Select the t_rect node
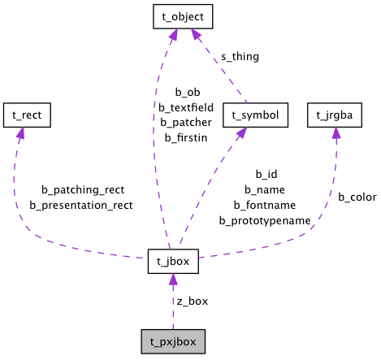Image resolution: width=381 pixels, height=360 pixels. click(27, 115)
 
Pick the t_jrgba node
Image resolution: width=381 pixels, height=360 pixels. click(334, 115)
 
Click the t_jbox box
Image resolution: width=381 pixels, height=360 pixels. click(173, 262)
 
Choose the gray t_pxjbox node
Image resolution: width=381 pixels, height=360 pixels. click(173, 340)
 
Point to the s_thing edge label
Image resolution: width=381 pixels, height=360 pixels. click(240, 57)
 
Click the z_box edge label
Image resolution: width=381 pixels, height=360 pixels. click(193, 301)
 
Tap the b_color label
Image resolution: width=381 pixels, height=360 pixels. click(357, 197)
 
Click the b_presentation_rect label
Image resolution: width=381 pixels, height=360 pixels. click(81, 205)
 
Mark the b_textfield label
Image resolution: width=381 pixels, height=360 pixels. click(185, 107)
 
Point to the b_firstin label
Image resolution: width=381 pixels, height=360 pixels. click(185, 138)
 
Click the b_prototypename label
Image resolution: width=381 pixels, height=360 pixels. click(265, 220)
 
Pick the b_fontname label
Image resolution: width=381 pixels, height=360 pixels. click(265, 205)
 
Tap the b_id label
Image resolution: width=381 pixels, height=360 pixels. click(266, 174)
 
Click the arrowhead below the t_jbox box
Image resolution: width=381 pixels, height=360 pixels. click(173, 280)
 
